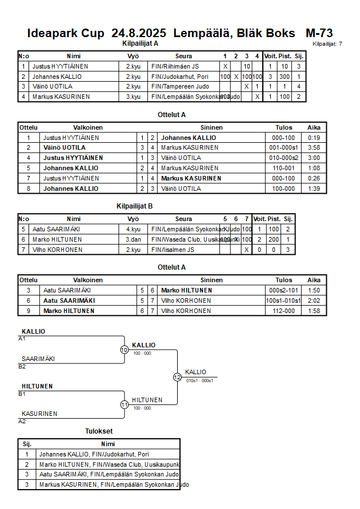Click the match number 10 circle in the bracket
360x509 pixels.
(x=124, y=350)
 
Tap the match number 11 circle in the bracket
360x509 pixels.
(x=124, y=404)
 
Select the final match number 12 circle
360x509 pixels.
(x=177, y=377)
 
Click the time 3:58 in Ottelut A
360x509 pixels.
(x=314, y=147)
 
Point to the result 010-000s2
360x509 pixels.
(x=284, y=158)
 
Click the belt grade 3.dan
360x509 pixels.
(x=133, y=239)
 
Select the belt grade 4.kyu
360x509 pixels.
(x=133, y=229)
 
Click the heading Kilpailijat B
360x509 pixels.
(x=134, y=206)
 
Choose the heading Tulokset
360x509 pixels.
(x=99, y=431)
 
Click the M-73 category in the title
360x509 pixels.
(x=319, y=33)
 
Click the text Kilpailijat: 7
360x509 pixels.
(x=327, y=44)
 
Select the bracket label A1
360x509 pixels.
(x=22, y=338)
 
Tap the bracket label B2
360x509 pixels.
(x=22, y=366)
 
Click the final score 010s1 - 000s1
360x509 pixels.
(x=199, y=380)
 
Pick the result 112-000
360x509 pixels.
(x=284, y=311)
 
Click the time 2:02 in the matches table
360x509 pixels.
(x=314, y=300)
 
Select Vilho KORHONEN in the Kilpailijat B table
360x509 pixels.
(x=57, y=250)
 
